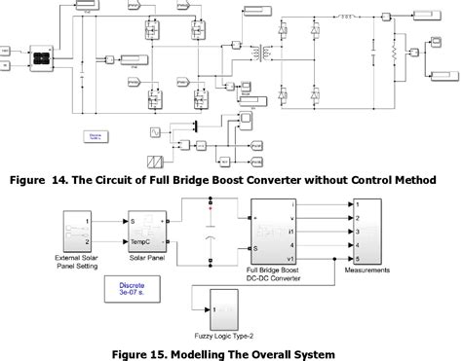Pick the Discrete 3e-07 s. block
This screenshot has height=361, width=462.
coord(123,289)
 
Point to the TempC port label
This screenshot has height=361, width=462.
coord(145,243)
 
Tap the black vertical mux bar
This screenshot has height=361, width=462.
coord(195,126)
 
